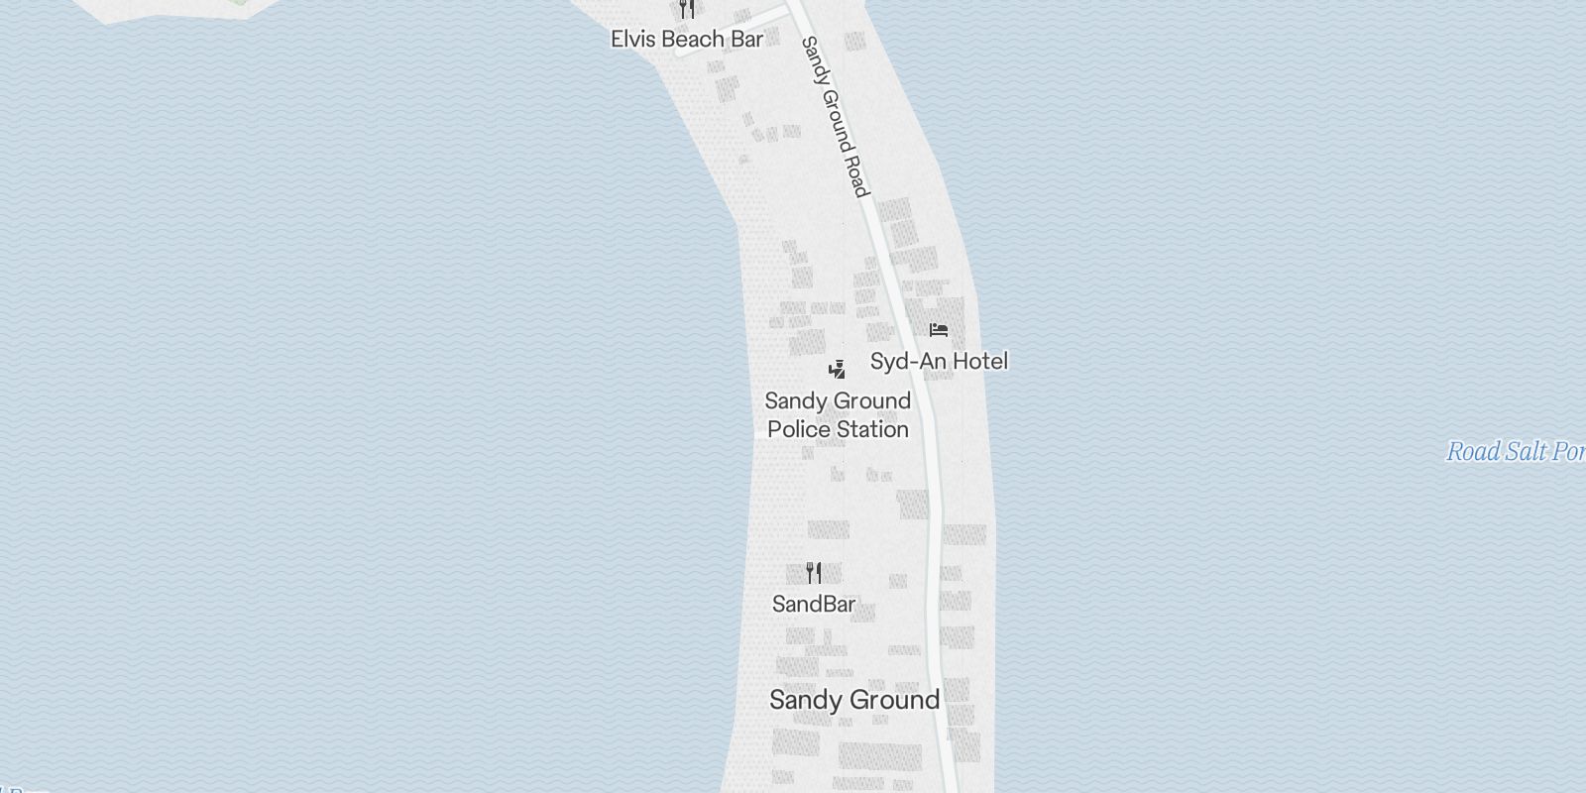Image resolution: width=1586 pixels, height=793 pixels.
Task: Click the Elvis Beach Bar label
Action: [687, 40]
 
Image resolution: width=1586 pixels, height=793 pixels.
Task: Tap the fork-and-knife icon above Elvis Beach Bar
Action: [687, 10]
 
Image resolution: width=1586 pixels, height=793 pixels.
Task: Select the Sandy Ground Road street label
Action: [835, 116]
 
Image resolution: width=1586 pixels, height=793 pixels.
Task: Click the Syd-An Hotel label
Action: [939, 361]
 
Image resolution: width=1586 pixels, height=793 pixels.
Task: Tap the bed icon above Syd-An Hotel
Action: [939, 330]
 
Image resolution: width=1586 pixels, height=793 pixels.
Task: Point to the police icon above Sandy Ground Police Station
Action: [838, 370]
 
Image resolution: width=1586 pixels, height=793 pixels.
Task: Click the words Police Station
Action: [838, 429]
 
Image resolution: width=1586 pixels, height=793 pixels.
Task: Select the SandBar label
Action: [814, 604]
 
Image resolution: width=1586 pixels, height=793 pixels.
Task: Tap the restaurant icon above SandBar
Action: [814, 573]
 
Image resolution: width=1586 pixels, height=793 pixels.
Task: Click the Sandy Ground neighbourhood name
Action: [854, 700]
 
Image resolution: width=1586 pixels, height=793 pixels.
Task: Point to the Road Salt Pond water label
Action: [1515, 452]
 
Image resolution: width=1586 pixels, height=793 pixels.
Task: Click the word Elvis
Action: [632, 40]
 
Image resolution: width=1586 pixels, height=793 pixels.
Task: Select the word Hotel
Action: [979, 361]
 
